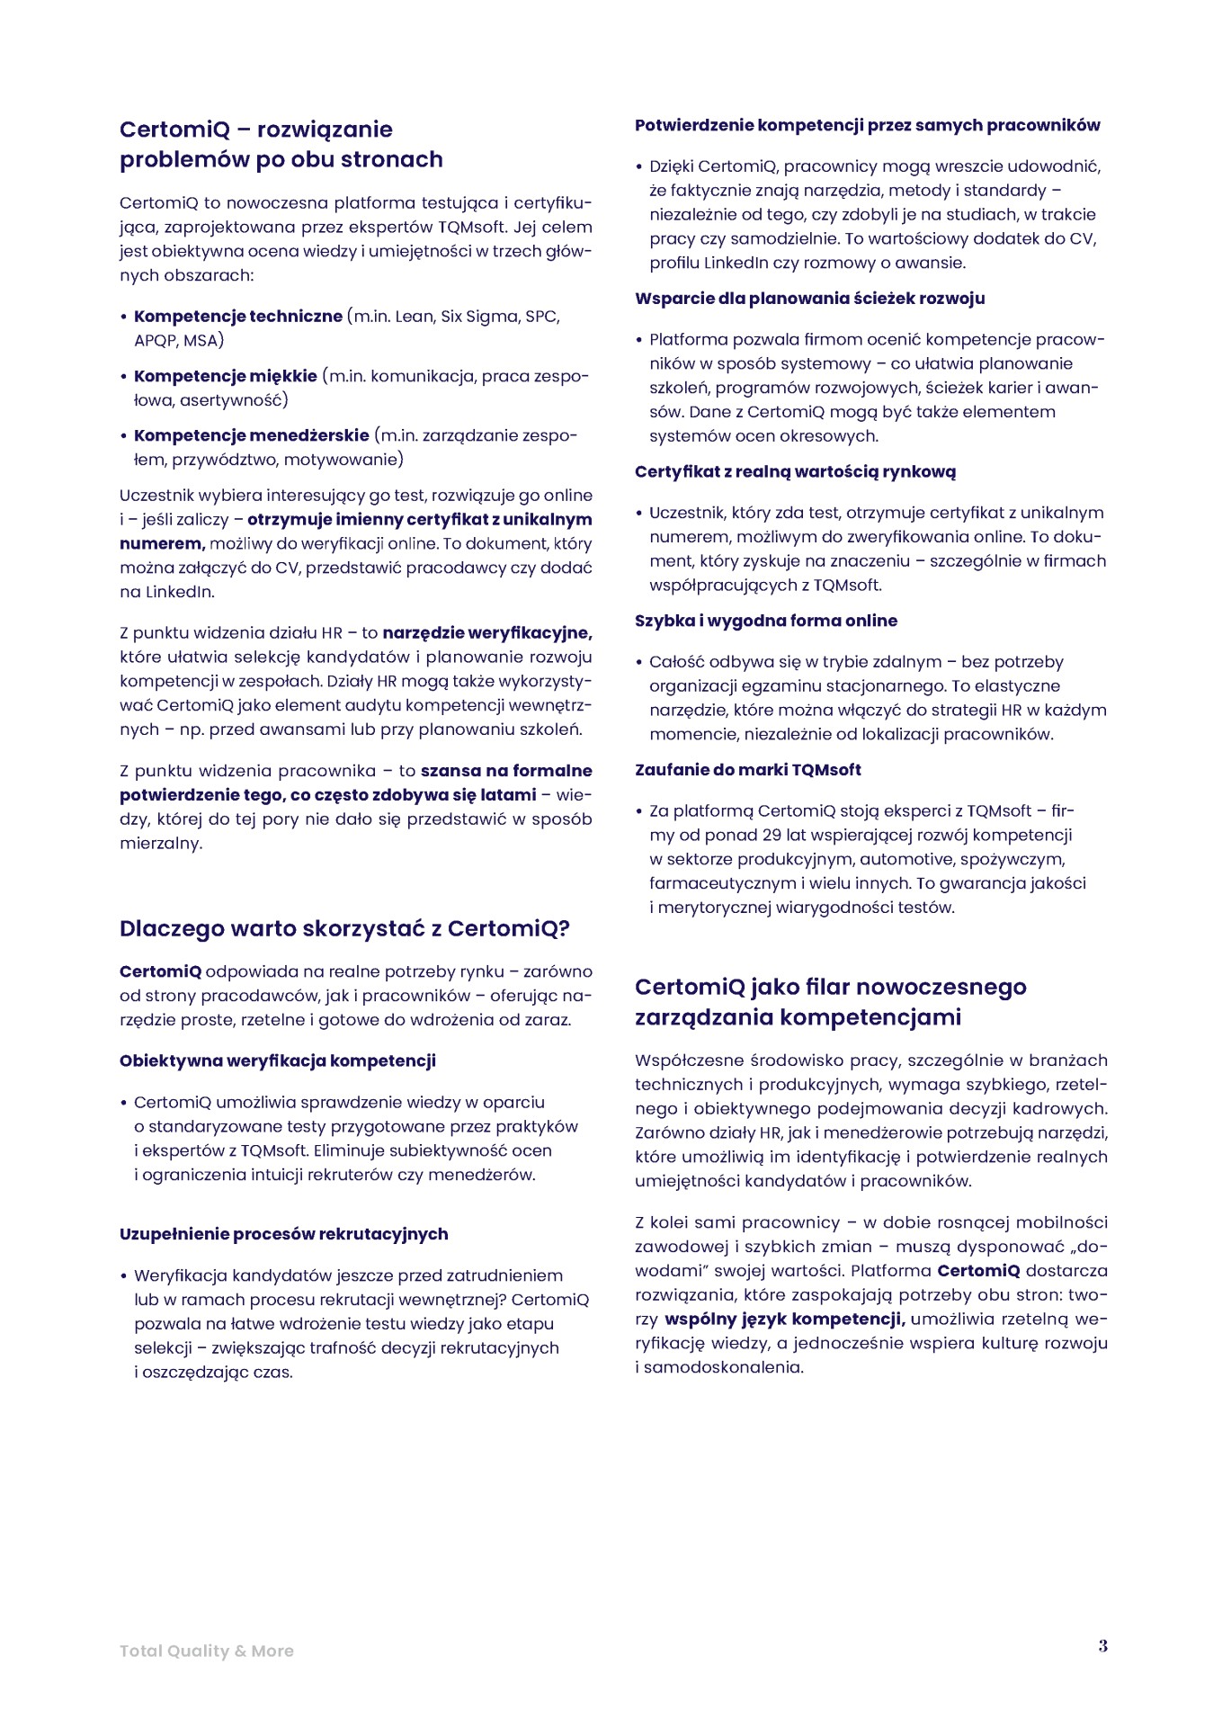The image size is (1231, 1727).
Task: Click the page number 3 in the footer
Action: [x=1102, y=1646]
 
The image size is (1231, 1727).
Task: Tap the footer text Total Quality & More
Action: [x=207, y=1651]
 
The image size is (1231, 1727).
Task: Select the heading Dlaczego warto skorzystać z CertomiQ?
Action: [x=344, y=928]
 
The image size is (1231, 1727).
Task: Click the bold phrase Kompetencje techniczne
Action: [x=238, y=317]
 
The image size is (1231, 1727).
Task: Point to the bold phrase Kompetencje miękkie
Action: [x=226, y=376]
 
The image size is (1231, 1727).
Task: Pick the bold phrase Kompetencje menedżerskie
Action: [x=252, y=435]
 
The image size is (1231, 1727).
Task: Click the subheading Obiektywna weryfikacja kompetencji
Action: [x=278, y=1060]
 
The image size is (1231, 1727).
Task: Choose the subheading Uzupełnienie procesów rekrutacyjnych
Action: [x=284, y=1234]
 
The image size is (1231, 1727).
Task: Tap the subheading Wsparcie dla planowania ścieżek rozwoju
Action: [x=809, y=299]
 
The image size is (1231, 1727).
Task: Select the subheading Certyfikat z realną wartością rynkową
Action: [x=795, y=471]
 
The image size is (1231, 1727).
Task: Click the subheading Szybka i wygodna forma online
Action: [x=765, y=621]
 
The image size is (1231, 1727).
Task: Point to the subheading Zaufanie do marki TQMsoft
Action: [x=747, y=770]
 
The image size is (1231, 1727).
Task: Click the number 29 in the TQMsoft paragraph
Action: [x=772, y=835]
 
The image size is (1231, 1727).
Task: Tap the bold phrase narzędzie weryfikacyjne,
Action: [x=487, y=633]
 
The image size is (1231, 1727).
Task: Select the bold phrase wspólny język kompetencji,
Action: [x=785, y=1320]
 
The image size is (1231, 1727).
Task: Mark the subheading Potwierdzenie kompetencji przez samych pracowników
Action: [x=867, y=125]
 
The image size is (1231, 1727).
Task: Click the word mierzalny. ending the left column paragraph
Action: [x=161, y=844]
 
